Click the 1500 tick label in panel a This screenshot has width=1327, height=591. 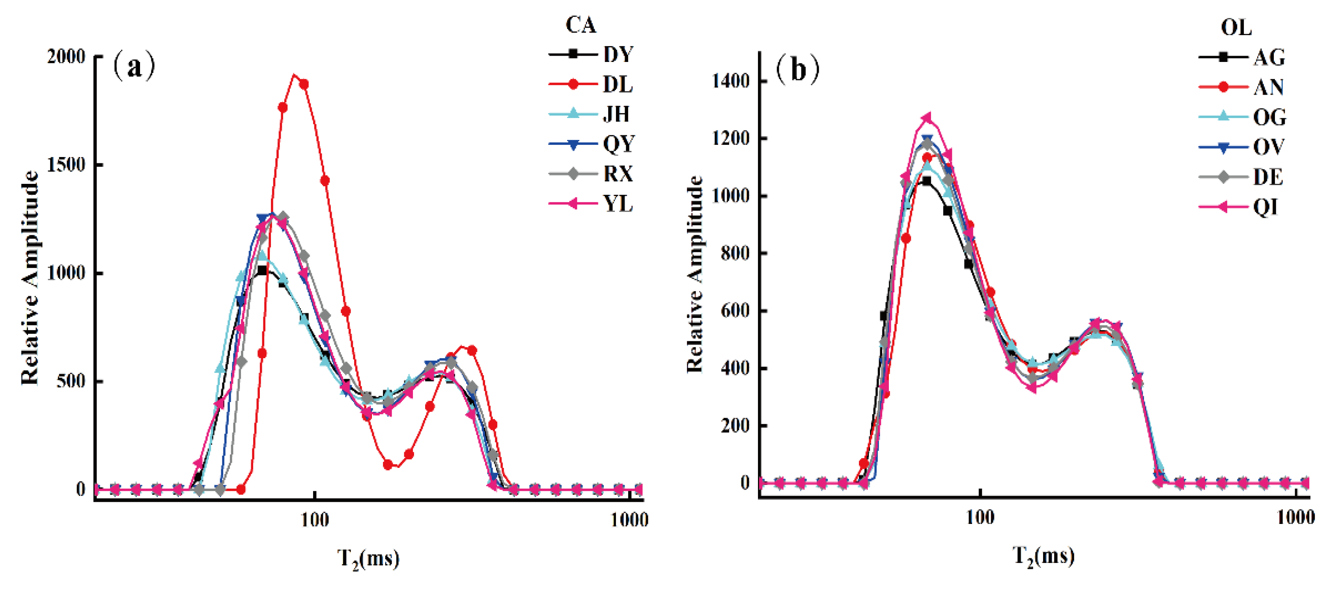(x=66, y=165)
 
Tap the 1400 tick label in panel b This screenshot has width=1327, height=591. (x=730, y=81)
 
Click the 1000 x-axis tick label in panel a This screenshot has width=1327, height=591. (x=629, y=520)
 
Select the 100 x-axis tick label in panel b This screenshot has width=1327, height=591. (x=980, y=517)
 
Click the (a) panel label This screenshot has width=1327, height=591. (x=134, y=67)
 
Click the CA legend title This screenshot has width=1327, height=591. (x=580, y=25)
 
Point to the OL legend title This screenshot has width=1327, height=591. (x=1236, y=27)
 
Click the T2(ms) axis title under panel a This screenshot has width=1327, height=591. (x=368, y=558)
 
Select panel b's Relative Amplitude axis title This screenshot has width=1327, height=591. (x=695, y=274)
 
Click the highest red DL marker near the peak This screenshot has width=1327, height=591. (x=304, y=84)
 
